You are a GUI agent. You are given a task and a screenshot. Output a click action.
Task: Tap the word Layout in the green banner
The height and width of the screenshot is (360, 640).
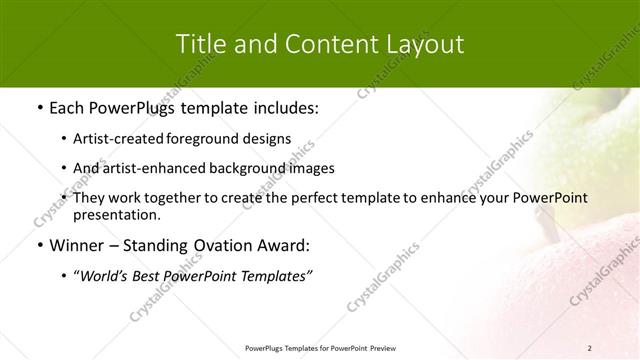(422, 44)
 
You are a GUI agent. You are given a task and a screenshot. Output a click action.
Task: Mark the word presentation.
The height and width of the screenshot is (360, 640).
(116, 214)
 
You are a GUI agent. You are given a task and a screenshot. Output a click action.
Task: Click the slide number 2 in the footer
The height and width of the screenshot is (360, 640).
(590, 347)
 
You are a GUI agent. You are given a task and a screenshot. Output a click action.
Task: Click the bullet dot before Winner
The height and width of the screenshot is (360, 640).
(39, 246)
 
